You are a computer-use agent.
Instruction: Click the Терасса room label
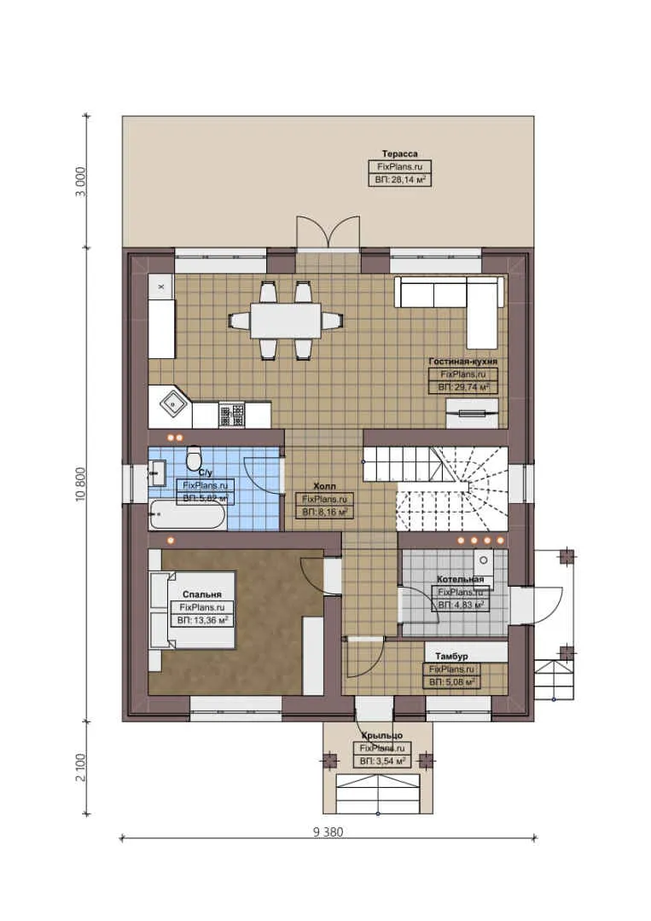[399, 153]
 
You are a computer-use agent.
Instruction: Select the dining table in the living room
[286, 320]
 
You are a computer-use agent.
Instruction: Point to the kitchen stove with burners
[231, 414]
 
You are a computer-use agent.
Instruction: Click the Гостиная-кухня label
[462, 362]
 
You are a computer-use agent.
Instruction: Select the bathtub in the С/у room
[187, 515]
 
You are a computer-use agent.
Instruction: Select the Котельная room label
[460, 579]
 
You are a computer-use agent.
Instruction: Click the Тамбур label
[450, 656]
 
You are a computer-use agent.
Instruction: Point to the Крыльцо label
[381, 734]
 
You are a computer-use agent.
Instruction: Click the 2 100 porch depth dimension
[81, 766]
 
